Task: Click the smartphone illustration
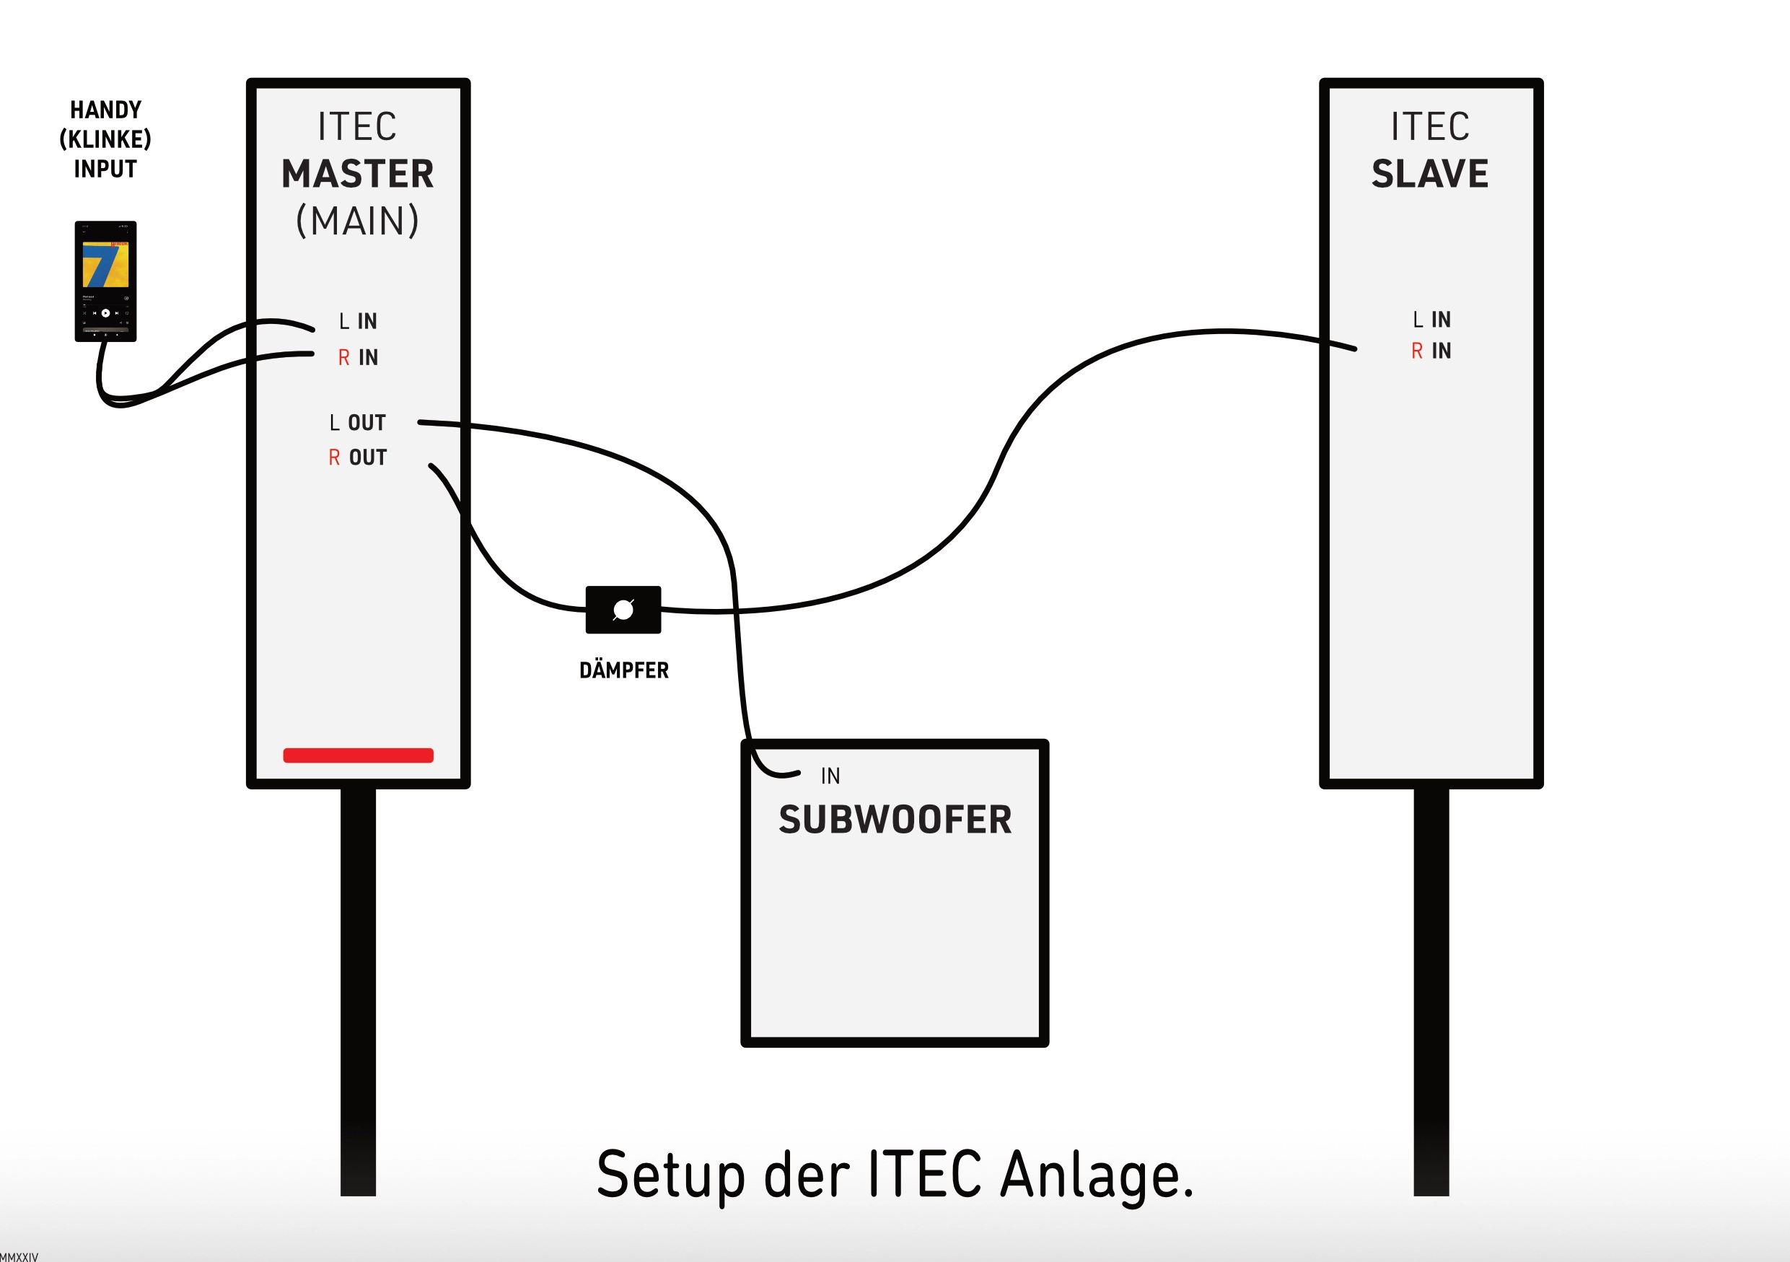tap(105, 281)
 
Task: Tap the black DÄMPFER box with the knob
tap(623, 610)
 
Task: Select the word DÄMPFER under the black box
tap(623, 670)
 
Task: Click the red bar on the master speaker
tap(358, 755)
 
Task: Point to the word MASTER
tap(358, 174)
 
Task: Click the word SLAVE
tap(1430, 174)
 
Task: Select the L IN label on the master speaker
tap(358, 321)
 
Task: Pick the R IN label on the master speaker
tap(358, 358)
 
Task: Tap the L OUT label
tap(358, 423)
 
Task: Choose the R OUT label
tap(358, 457)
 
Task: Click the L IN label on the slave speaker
tap(1431, 320)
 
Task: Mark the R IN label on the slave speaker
tap(1431, 351)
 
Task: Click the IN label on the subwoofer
tap(830, 776)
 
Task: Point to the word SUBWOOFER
tap(895, 820)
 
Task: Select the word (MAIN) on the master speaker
tap(358, 222)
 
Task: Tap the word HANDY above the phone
tap(106, 110)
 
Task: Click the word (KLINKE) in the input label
tap(105, 139)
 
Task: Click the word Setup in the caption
tap(670, 1175)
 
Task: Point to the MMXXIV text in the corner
tap(19, 1256)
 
